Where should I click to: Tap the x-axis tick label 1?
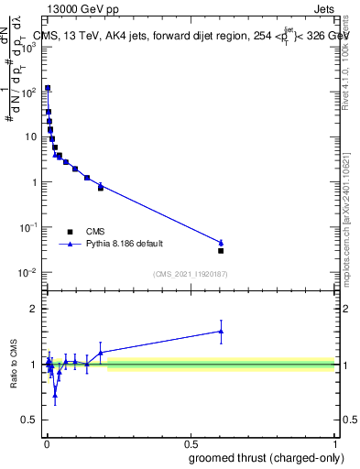[335, 442]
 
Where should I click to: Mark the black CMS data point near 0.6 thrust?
[221, 250]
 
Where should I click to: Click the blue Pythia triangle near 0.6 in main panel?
[221, 243]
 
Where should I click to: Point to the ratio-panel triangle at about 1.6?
[221, 331]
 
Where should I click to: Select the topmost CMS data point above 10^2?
[48, 88]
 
